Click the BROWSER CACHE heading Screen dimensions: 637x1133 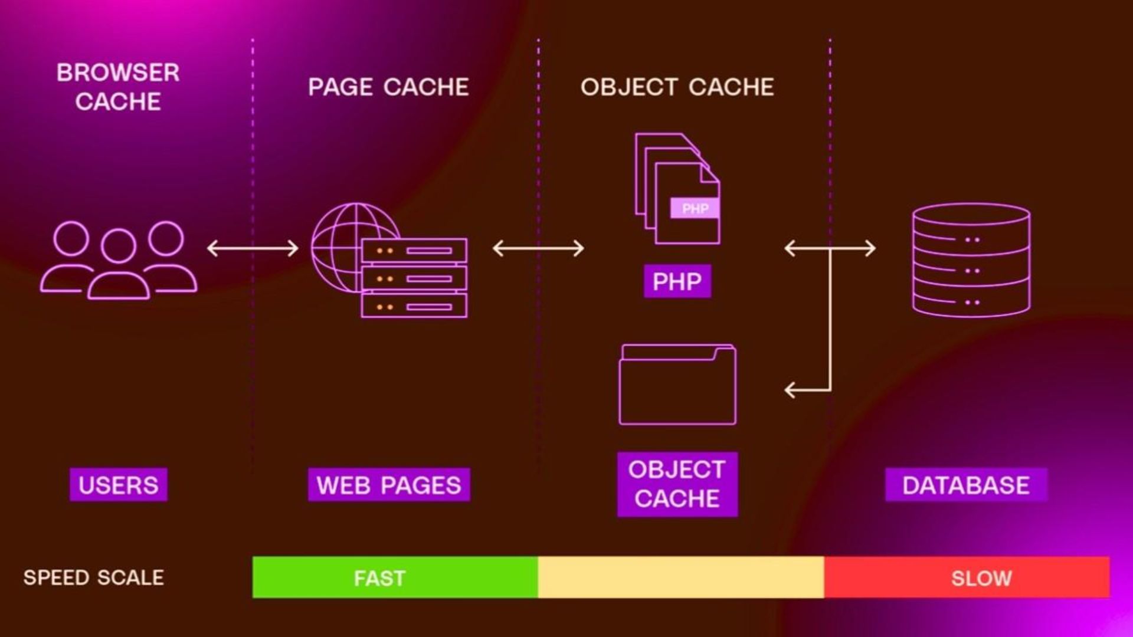[118, 87]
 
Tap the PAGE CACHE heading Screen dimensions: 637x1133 [388, 87]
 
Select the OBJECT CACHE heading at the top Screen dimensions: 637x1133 [677, 87]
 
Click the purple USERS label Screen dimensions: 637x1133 [118, 485]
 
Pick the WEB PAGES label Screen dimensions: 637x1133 [388, 485]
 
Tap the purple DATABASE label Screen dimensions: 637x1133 [965, 485]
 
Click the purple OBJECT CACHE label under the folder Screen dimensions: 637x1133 [677, 484]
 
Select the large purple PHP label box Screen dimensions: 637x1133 [677, 281]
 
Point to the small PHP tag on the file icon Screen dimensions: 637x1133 [695, 208]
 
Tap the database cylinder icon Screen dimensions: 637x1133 [971, 260]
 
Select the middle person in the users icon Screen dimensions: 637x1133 [119, 265]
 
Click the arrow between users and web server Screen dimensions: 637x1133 [253, 248]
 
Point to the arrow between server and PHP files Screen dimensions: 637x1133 [538, 248]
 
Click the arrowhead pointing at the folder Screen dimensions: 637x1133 [791, 390]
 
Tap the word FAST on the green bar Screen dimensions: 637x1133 [379, 578]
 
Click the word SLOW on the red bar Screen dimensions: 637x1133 [981, 578]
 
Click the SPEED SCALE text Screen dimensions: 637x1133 [94, 577]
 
